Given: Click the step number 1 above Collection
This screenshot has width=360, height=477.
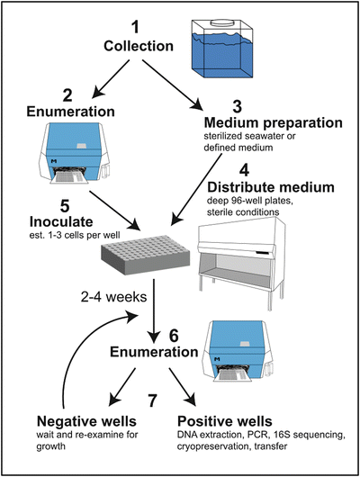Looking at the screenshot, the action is point(135,27).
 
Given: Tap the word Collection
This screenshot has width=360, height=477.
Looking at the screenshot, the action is point(139,46).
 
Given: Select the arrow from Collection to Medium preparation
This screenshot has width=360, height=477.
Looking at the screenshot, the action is point(173,85).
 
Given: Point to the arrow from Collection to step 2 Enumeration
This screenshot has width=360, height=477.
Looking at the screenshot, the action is point(111,79).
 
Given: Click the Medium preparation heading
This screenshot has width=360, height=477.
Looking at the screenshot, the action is point(273,122).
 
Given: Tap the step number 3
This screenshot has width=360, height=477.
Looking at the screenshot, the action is point(237,106).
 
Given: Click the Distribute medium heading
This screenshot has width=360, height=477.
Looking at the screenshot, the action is point(271,187).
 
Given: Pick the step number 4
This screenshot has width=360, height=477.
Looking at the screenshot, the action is point(244,171).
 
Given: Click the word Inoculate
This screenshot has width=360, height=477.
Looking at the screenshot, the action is point(61,221).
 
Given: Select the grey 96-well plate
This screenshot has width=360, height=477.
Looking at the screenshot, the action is point(146,255).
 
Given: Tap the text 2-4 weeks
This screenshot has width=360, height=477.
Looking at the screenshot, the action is point(113,297).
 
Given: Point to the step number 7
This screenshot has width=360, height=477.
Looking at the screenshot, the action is point(152,400).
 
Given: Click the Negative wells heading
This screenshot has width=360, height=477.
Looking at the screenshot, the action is point(86,421).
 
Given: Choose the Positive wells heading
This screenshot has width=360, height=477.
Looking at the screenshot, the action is point(225,421).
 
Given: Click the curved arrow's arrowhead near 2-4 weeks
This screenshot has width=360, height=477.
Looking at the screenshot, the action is point(133,317).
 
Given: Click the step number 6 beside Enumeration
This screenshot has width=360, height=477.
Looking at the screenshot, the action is point(174,336).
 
